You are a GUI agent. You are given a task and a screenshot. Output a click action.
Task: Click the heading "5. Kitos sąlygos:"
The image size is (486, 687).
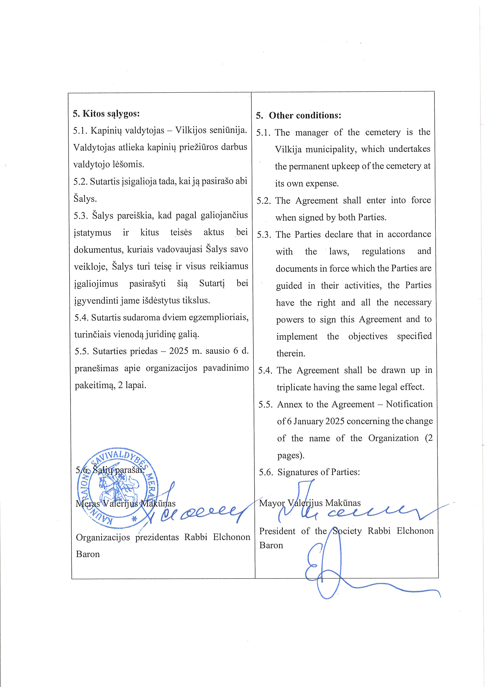click(106, 114)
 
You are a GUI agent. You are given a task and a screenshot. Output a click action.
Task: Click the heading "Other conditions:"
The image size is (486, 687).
click(305, 116)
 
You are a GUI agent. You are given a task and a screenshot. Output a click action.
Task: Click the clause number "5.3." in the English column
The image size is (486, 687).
click(264, 235)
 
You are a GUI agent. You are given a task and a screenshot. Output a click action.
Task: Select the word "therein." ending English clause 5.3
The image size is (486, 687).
click(290, 354)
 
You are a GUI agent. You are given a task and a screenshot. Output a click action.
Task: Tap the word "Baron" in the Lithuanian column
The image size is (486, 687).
click(88, 554)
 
